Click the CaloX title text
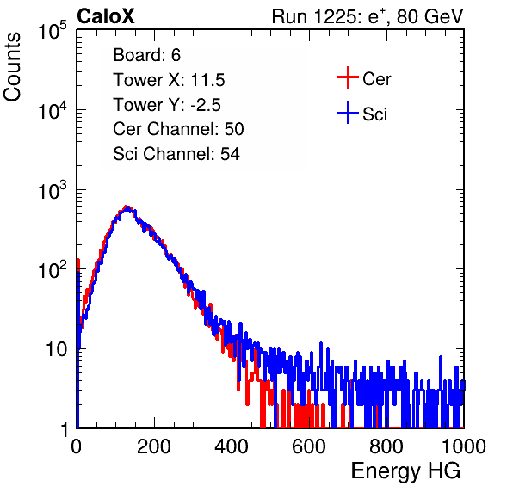(105, 16)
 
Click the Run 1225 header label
(368, 16)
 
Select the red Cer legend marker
(348, 77)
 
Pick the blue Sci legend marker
(348, 113)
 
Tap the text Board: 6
(146, 55)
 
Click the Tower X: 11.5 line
(169, 80)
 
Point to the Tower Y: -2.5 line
(167, 105)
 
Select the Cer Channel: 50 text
(178, 129)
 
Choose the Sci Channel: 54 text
(176, 154)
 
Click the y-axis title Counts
(12, 67)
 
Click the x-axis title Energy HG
(405, 471)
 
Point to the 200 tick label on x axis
(154, 446)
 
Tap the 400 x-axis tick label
(232, 446)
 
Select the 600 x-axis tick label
(309, 446)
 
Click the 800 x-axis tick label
(386, 446)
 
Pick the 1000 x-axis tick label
(464, 446)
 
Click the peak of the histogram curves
(127, 207)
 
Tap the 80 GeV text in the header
(430, 16)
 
